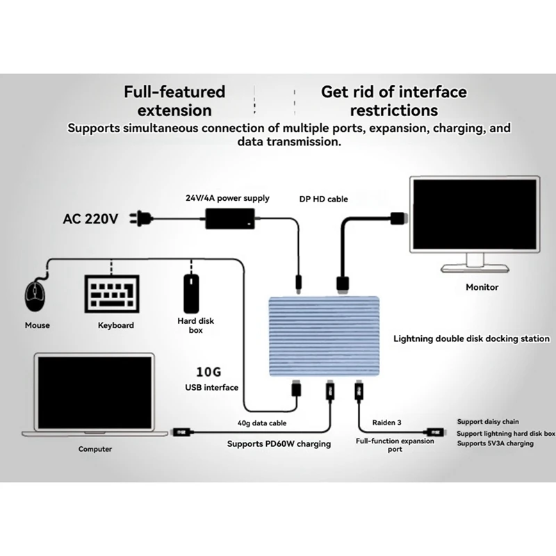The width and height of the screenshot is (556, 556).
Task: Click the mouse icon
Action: click(x=35, y=295)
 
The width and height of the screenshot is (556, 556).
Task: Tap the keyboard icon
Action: click(x=112, y=294)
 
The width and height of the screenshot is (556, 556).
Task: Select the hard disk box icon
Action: click(x=192, y=293)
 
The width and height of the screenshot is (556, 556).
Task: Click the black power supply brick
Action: click(x=230, y=218)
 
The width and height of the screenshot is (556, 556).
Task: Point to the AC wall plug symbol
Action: click(x=141, y=218)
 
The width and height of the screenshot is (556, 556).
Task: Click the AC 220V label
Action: click(x=90, y=219)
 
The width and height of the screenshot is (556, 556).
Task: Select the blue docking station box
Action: click(x=324, y=336)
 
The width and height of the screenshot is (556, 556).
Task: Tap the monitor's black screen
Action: click(x=475, y=214)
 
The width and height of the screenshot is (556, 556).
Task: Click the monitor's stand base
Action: click(x=475, y=268)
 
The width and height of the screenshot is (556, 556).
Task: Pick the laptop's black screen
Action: click(x=95, y=393)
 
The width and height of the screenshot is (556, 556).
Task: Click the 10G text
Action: click(x=208, y=372)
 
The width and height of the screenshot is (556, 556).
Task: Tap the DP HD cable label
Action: click(x=323, y=199)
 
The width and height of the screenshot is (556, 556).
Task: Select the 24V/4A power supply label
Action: click(x=227, y=198)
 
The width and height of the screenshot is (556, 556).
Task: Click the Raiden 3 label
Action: click(x=387, y=423)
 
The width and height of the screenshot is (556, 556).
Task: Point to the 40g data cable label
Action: click(x=262, y=423)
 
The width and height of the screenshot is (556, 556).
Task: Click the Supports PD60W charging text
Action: click(x=279, y=443)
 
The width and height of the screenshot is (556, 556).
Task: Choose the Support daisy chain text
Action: click(x=488, y=422)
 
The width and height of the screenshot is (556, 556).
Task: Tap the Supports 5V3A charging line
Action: click(x=495, y=443)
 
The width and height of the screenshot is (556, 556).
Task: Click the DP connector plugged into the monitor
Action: click(x=399, y=218)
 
